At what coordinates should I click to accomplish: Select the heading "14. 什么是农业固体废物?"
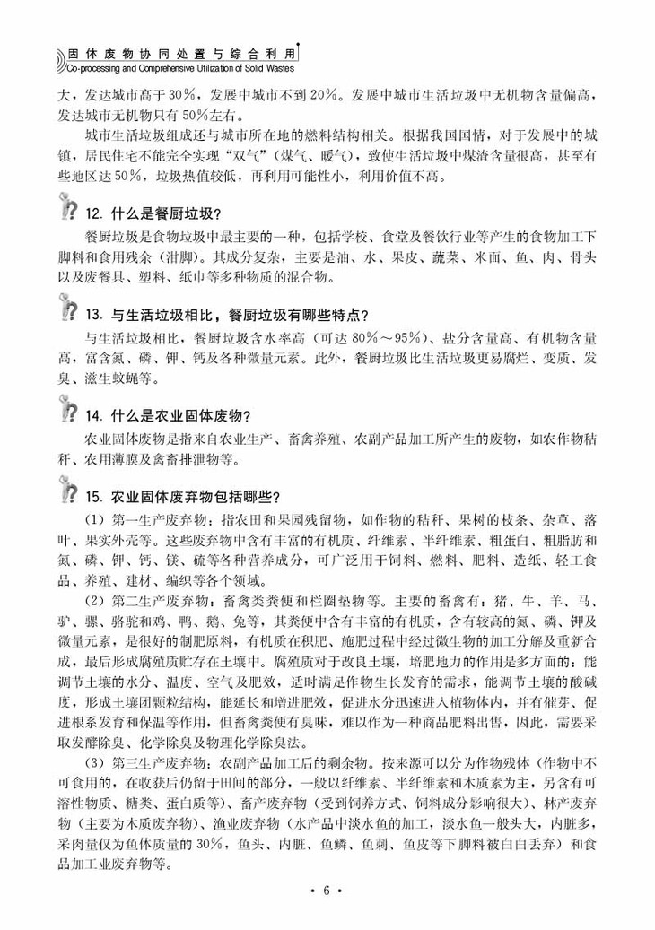(x=168, y=415)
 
